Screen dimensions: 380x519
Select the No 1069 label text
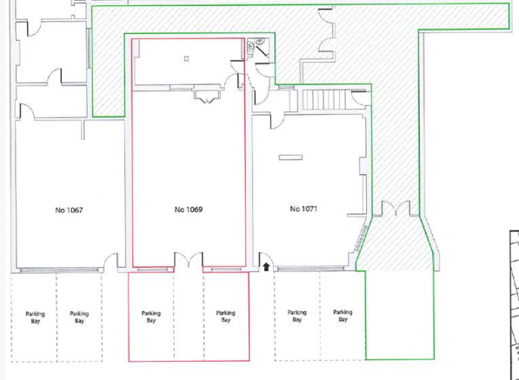[x=188, y=210]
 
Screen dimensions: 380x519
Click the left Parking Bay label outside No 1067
[x=35, y=317]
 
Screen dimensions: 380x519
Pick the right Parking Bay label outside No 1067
[x=79, y=317]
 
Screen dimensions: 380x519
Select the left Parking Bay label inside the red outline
[x=151, y=317]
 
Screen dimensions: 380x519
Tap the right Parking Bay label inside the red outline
[x=225, y=317]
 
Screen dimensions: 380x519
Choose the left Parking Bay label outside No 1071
[x=296, y=316]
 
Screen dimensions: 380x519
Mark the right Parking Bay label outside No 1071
[x=343, y=316]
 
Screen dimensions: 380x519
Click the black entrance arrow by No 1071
[x=266, y=265]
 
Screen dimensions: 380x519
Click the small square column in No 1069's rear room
[x=186, y=59]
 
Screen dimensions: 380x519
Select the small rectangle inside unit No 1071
[x=289, y=157]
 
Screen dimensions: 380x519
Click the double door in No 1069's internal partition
[x=207, y=95]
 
